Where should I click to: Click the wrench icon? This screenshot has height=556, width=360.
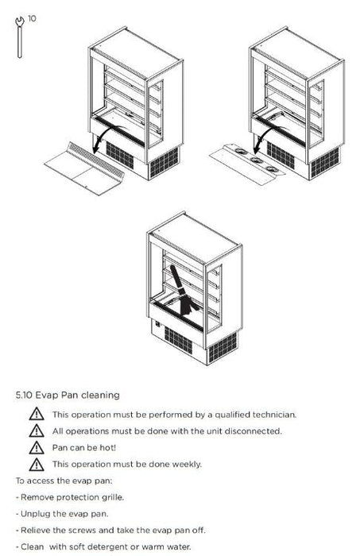(x=20, y=37)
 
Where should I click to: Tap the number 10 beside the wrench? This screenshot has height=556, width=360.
(x=32, y=18)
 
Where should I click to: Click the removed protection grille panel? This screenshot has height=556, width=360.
(x=84, y=168)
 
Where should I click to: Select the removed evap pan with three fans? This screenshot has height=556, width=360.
(x=247, y=164)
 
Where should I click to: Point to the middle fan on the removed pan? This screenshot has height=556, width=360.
(x=257, y=160)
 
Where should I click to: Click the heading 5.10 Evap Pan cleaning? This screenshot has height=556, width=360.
(x=68, y=395)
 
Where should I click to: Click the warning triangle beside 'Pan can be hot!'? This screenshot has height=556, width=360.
(x=37, y=448)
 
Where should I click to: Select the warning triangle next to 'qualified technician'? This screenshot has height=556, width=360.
(x=37, y=414)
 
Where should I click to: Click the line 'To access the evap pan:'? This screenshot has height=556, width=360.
(x=64, y=481)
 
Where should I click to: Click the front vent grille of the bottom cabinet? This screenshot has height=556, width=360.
(x=178, y=341)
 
